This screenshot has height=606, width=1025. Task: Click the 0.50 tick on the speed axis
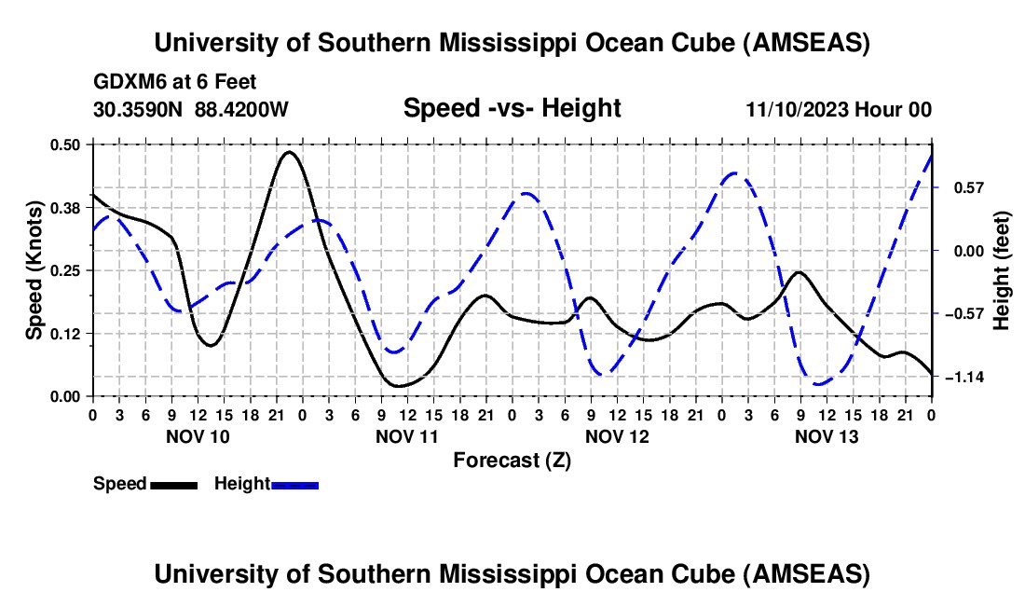coord(67,145)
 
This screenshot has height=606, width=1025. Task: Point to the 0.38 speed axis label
coord(67,207)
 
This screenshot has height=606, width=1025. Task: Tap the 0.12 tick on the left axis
coord(67,333)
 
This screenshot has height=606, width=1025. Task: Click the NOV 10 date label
coord(197,436)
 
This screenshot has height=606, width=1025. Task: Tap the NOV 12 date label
coord(617,436)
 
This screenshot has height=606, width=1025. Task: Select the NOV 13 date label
coord(827,436)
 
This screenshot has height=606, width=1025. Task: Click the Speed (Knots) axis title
coord(34,270)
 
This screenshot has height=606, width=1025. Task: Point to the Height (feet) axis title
coord(1002,270)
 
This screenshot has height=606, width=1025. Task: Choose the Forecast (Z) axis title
coord(512,460)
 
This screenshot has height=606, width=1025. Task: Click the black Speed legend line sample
coord(173,484)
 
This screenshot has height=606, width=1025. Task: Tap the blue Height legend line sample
coord(294,484)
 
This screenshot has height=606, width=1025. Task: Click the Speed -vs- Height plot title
coord(512,108)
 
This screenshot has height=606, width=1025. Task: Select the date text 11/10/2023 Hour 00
coord(839,109)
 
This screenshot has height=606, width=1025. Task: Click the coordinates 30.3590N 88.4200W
coord(191,109)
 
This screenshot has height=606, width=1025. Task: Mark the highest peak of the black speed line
coord(289,151)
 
